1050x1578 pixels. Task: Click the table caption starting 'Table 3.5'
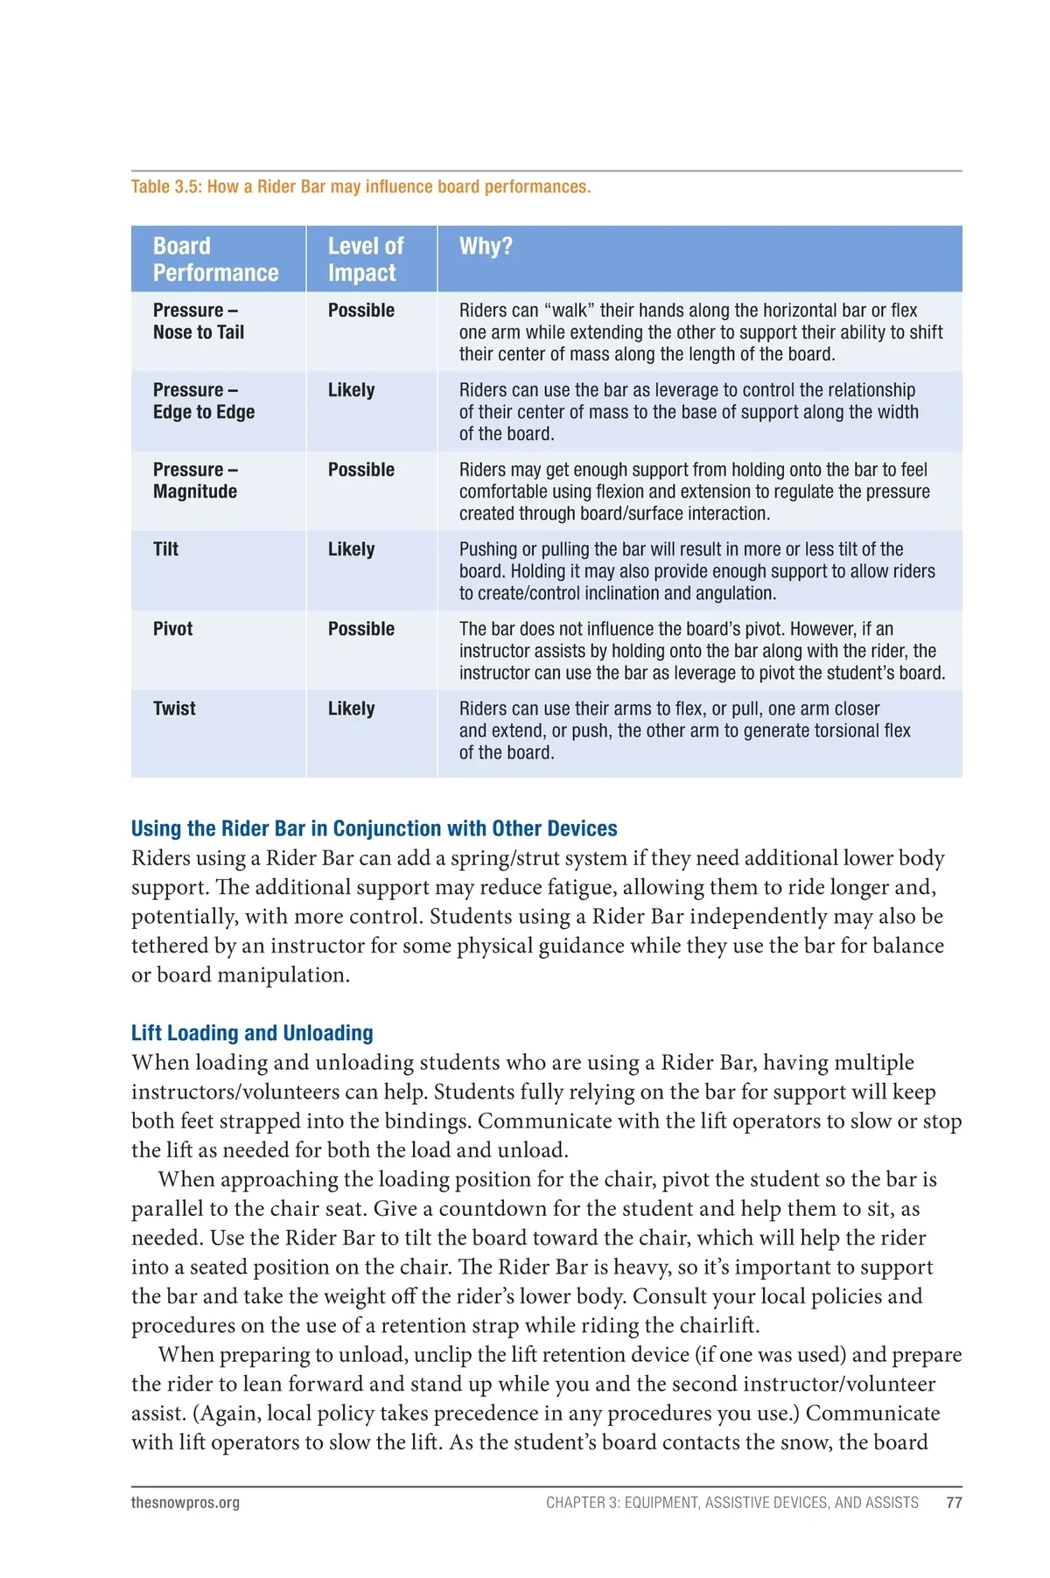click(360, 186)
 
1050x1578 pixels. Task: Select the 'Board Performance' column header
click(215, 259)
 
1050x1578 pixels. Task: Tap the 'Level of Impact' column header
click(366, 259)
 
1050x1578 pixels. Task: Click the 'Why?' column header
click(486, 246)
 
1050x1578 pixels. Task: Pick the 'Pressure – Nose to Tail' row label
click(199, 321)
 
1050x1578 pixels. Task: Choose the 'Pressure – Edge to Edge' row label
click(204, 401)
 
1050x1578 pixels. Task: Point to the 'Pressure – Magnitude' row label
click(195, 480)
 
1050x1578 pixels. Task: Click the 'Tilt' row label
click(165, 549)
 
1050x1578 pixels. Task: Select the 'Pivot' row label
click(172, 629)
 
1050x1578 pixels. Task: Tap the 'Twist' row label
click(174, 709)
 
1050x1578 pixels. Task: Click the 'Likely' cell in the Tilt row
click(351, 549)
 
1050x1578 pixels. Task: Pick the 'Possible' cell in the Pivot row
click(360, 629)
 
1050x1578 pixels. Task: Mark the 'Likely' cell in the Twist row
click(351, 709)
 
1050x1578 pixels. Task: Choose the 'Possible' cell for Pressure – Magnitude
click(360, 470)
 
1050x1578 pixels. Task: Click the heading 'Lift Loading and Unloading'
click(252, 1033)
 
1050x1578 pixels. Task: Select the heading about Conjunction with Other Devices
click(374, 828)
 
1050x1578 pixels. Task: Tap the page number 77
click(954, 1503)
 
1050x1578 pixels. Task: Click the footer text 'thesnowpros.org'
click(185, 1503)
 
